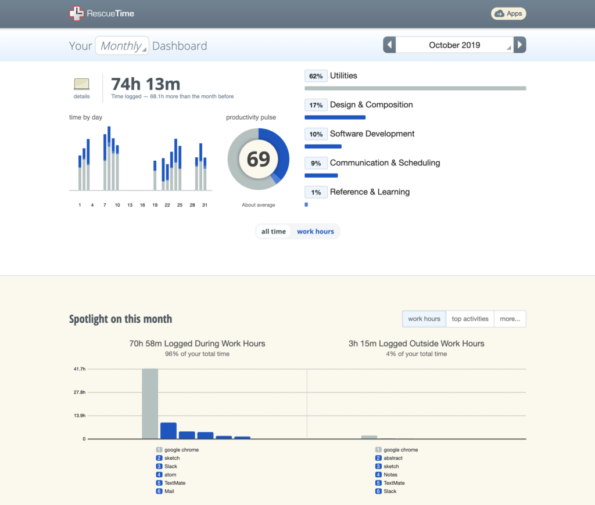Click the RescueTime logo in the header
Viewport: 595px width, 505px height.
pyautogui.click(x=102, y=13)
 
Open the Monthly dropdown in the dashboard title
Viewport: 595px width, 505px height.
pyautogui.click(x=122, y=46)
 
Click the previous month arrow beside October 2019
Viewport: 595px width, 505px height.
pyautogui.click(x=389, y=45)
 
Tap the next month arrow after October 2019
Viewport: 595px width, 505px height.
pyautogui.click(x=520, y=45)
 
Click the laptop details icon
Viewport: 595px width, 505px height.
pyautogui.click(x=81, y=84)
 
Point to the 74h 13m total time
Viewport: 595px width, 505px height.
pyautogui.click(x=145, y=84)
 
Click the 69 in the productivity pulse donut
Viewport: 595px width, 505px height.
pyautogui.click(x=258, y=159)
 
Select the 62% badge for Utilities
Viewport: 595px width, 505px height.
pyautogui.click(x=316, y=76)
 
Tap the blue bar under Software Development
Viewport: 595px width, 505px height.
pyautogui.click(x=323, y=146)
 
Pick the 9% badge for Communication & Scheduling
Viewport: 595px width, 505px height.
pyautogui.click(x=316, y=163)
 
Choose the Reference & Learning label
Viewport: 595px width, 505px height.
pyautogui.click(x=370, y=192)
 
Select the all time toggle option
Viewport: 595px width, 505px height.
pyautogui.click(x=274, y=232)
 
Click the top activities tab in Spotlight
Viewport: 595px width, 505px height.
pyautogui.click(x=470, y=319)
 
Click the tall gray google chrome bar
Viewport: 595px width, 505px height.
pyautogui.click(x=150, y=403)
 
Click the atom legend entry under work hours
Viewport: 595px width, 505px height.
pyautogui.click(x=170, y=475)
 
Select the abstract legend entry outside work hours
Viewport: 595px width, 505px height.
pyautogui.click(x=393, y=458)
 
